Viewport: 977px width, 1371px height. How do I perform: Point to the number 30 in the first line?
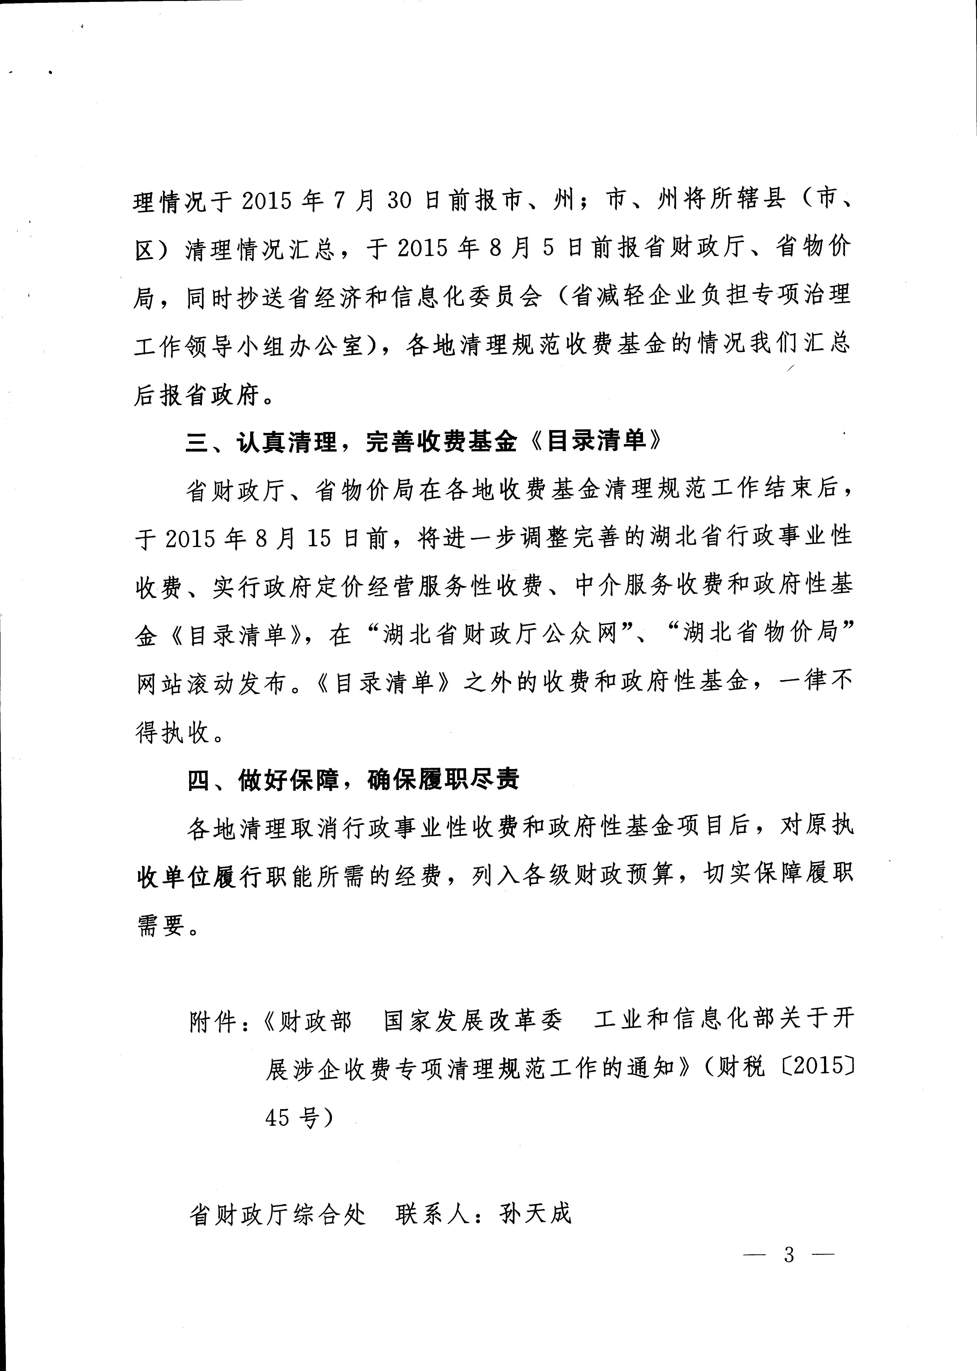pyautogui.click(x=398, y=200)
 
